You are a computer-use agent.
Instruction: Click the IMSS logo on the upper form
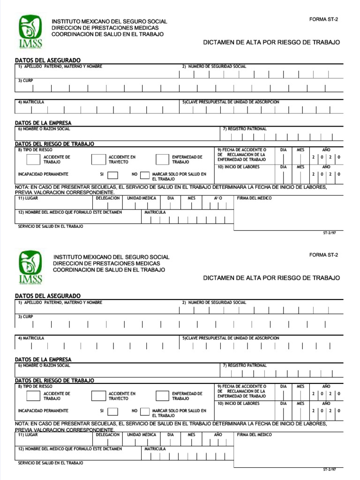(30, 31)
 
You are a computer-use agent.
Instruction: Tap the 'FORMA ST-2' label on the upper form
(323, 19)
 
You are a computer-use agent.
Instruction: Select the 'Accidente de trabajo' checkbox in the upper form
(33, 159)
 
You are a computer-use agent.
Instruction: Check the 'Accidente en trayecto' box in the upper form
(97, 159)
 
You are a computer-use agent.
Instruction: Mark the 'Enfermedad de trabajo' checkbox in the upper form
(162, 159)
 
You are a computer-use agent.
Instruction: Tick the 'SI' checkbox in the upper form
(112, 175)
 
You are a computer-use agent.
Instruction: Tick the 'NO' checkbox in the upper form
(144, 175)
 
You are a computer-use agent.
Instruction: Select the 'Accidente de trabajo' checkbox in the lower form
(33, 396)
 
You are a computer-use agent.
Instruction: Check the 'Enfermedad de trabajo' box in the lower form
(162, 396)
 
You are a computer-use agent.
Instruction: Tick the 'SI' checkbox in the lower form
(112, 411)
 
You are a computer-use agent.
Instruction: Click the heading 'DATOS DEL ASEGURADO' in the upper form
(47, 60)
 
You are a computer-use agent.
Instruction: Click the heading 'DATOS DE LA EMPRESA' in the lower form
(43, 360)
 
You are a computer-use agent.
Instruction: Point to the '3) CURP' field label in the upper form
(25, 81)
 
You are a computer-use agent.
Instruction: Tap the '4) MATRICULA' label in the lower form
(31, 338)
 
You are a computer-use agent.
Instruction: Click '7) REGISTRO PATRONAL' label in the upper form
(245, 129)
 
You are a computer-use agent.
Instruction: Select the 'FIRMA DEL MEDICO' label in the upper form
(254, 198)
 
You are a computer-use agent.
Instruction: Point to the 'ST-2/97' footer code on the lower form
(329, 469)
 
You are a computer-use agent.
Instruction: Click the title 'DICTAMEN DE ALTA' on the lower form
(271, 278)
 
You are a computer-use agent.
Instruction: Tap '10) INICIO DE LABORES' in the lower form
(238, 404)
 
